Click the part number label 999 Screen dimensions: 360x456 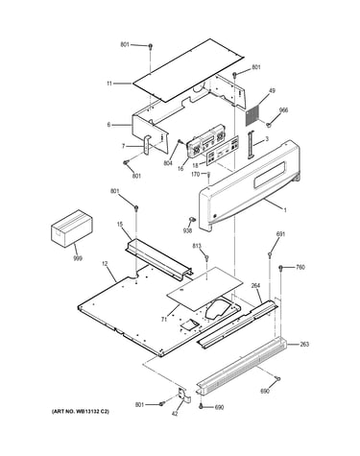point(78,258)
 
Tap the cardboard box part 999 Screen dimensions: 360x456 point(72,228)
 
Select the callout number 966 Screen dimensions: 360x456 point(283,110)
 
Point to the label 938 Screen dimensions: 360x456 point(187,230)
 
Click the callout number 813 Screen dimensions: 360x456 point(197,246)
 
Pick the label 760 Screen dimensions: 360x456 point(300,267)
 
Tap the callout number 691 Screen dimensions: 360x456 point(280,234)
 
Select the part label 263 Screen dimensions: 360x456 point(304,344)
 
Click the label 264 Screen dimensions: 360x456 point(255,286)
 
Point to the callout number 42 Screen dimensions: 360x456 point(175,414)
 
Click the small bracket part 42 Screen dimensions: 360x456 point(184,395)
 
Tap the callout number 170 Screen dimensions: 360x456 point(196,175)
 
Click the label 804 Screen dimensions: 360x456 point(168,163)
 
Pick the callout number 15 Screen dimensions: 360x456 point(120,225)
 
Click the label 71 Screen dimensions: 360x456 point(164,319)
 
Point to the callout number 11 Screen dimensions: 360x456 point(109,84)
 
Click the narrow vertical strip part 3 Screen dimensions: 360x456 point(250,144)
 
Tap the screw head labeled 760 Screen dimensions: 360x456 point(281,268)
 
